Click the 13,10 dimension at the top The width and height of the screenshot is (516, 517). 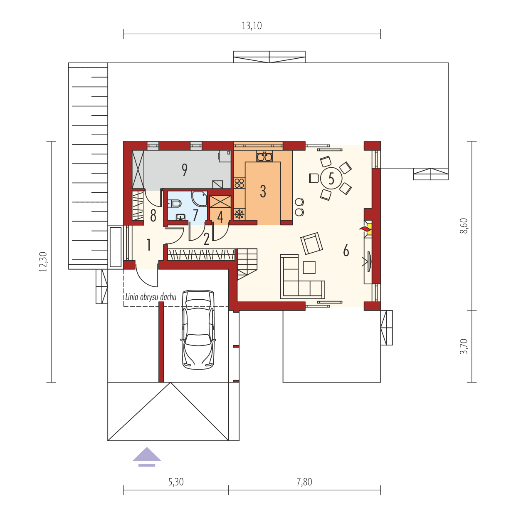coord(252,26)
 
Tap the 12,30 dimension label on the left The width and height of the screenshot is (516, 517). coord(43,261)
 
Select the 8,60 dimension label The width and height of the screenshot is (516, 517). coord(464,226)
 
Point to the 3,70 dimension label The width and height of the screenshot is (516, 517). coord(464,346)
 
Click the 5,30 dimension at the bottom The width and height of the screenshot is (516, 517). coord(176,482)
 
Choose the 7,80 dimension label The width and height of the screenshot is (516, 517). coord(304,482)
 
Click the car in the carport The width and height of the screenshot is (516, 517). coord(198,329)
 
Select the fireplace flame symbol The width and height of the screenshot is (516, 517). coord(366,228)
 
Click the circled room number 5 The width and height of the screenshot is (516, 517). coord(331,178)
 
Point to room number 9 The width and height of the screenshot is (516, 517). coord(184,170)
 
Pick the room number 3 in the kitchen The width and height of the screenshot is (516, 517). coord(263,191)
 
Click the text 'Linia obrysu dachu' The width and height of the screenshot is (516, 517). coord(151,297)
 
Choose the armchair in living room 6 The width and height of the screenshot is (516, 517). coord(311,243)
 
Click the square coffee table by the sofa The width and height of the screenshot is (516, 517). coord(309,267)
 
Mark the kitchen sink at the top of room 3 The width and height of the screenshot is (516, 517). coord(264,157)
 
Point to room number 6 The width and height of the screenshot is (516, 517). coord(346,251)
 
